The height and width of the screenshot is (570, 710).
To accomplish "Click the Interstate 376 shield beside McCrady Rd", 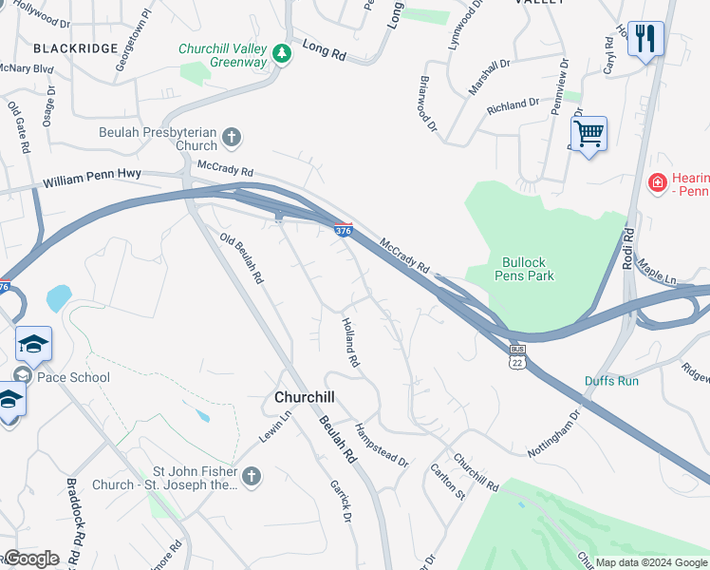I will pyautogui.click(x=344, y=230).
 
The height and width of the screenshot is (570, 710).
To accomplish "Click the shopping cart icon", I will pyautogui.click(x=589, y=135).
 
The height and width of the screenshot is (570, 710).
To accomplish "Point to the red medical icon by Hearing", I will pyautogui.click(x=656, y=181).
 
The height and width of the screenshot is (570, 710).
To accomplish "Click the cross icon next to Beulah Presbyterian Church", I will pyautogui.click(x=232, y=140).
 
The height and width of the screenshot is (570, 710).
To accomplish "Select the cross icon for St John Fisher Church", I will pyautogui.click(x=251, y=476).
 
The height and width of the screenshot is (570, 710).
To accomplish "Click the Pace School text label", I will pyautogui.click(x=74, y=377).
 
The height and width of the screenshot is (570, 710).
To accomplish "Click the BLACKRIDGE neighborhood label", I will pyautogui.click(x=75, y=47).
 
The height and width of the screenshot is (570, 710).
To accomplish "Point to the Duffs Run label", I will pyautogui.click(x=611, y=381).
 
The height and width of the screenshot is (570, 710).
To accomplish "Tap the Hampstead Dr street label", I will pyautogui.click(x=382, y=446).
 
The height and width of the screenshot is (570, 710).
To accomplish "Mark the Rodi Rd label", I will pyautogui.click(x=627, y=249).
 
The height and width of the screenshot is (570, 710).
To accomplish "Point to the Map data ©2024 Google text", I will pyautogui.click(x=651, y=562).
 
